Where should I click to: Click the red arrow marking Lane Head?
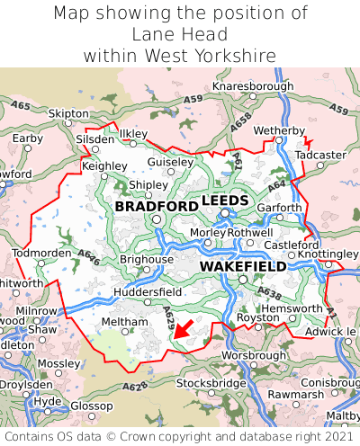click(x=183, y=329)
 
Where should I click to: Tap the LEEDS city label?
click(x=225, y=200)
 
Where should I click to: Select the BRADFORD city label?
click(x=157, y=207)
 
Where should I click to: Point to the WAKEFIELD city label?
click(x=243, y=267)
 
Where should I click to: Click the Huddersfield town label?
click(x=148, y=292)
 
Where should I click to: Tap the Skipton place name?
click(x=68, y=114)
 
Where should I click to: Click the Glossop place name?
click(x=92, y=406)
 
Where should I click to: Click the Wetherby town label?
click(x=280, y=131)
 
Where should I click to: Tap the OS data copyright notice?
click(x=179, y=436)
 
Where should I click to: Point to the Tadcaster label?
click(x=320, y=155)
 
